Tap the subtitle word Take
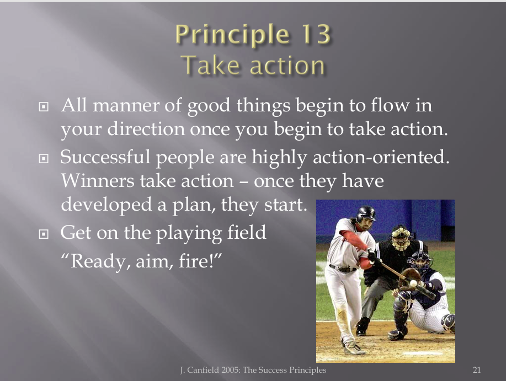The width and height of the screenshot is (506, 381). (212, 65)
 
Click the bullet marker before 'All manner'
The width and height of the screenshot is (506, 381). (44, 107)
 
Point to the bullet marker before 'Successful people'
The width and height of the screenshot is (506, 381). (44, 158)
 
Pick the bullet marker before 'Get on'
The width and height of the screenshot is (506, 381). (44, 234)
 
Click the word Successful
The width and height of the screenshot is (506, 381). (105, 157)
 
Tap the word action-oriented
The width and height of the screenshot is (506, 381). (381, 157)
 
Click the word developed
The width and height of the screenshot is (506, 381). (106, 205)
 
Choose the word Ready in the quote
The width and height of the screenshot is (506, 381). (97, 262)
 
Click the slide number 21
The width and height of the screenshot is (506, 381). (477, 370)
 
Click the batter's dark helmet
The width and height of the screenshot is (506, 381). (366, 213)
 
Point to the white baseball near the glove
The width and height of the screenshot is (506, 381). (413, 283)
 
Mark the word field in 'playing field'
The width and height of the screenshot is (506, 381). (247, 232)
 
